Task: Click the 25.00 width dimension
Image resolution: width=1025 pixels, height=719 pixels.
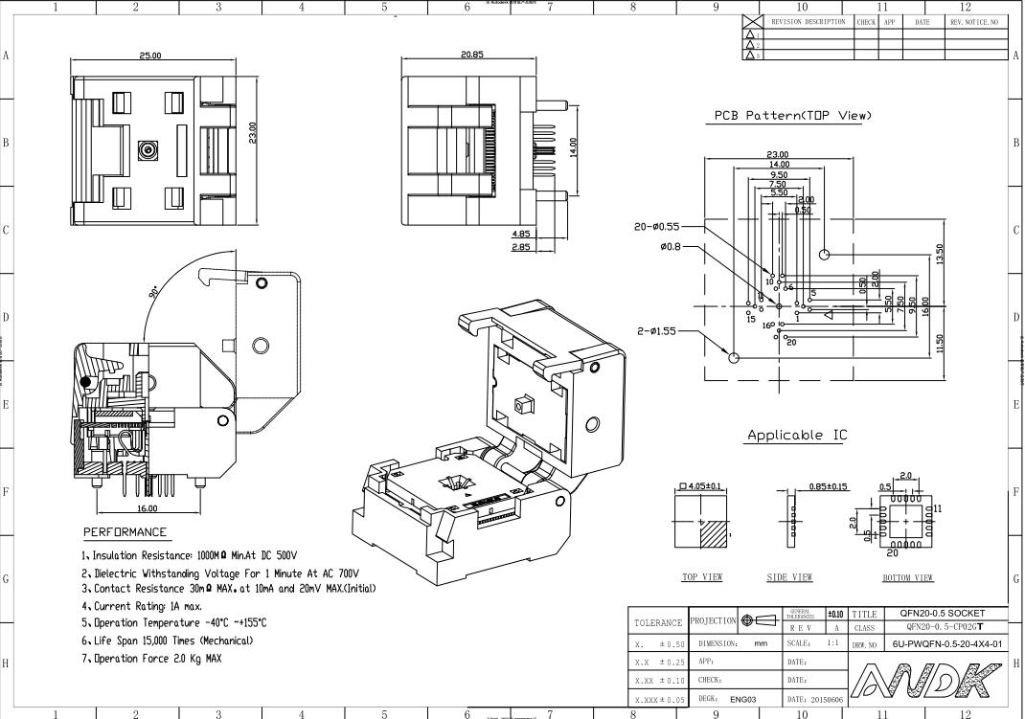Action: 150,56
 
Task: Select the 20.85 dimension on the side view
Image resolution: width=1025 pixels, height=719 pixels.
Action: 471,55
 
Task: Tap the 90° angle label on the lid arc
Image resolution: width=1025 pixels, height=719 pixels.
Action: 154,293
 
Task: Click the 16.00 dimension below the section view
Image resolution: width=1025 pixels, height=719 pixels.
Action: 148,509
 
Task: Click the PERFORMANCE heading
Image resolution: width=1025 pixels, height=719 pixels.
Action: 125,532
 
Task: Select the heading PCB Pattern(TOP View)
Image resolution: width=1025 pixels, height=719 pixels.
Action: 792,116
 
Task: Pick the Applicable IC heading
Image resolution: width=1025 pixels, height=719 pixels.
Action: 797,436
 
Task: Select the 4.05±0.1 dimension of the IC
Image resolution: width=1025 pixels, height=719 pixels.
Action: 701,486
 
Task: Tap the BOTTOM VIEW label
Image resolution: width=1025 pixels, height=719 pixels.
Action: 907,577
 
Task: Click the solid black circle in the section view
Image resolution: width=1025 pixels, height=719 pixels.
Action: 86,382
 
